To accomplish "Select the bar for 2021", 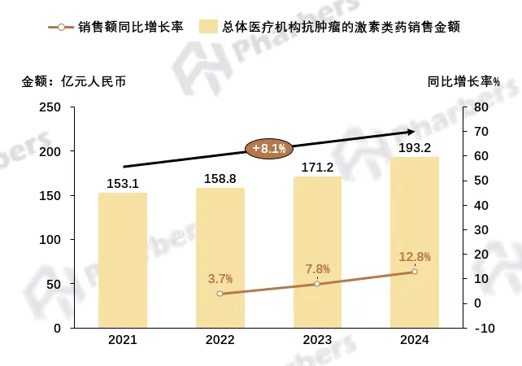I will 123,260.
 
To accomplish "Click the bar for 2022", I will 220,258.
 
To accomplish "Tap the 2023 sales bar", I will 317,252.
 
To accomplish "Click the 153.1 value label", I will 123,183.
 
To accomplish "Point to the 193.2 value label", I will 414,147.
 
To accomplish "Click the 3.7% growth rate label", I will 220,278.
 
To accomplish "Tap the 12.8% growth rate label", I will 414,257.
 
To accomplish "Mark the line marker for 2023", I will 317,284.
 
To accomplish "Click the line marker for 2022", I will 220,294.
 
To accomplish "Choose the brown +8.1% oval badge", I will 269,148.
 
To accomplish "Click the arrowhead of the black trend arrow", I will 411,132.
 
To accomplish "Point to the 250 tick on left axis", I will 50,107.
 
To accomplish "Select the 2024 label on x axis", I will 414,340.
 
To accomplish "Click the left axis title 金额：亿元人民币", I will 74,81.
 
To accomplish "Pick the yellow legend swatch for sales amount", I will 215,27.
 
